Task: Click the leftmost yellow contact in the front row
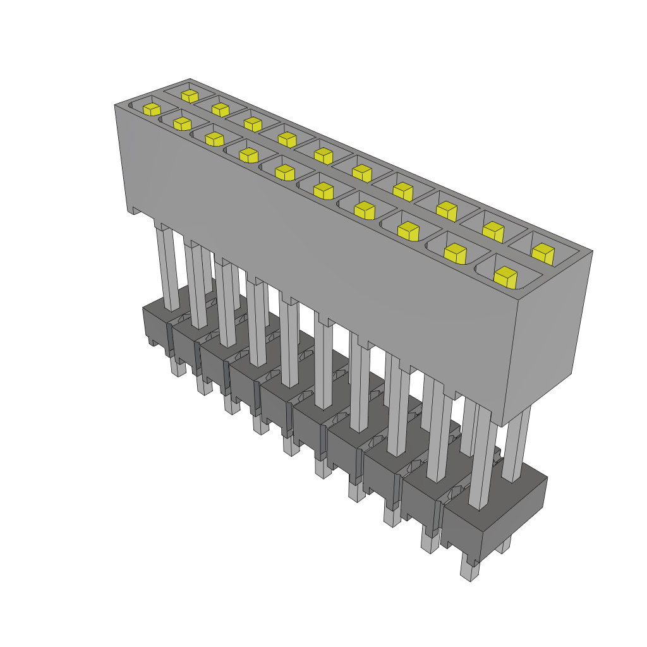pyautogui.click(x=151, y=109)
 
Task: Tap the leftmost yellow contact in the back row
pyautogui.click(x=189, y=95)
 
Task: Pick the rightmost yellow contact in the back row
pyautogui.click(x=543, y=253)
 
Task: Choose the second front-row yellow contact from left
pyautogui.click(x=182, y=123)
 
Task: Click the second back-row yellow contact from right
pyautogui.click(x=493, y=231)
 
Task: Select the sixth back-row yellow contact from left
pyautogui.click(x=361, y=171)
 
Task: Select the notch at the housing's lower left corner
pyautogui.click(x=134, y=211)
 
